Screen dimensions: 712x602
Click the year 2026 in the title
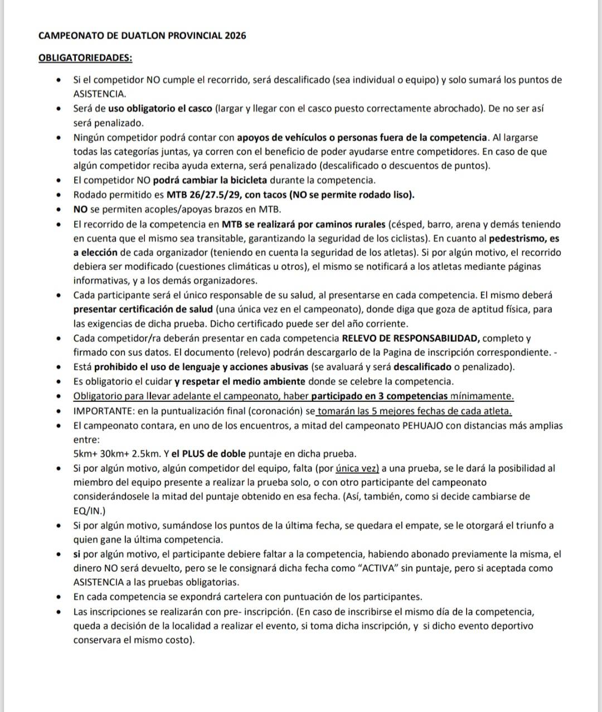coord(235,36)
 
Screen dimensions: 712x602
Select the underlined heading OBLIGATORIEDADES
coord(85,58)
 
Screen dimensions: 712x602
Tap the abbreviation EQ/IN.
coord(88,511)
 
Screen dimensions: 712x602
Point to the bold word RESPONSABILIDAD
coord(436,338)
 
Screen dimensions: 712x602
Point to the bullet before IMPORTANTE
coord(59,411)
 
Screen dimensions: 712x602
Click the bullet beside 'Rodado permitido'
coord(59,195)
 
